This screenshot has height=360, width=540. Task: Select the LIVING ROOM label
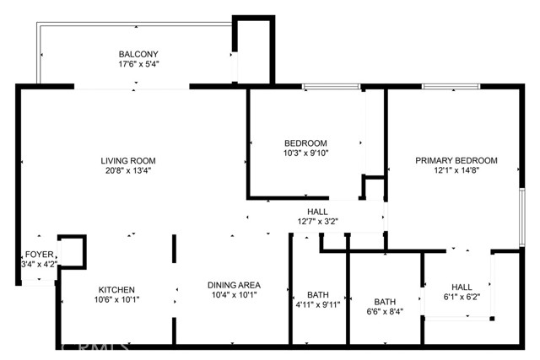point(128,160)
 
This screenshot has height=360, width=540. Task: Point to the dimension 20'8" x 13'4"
point(128,170)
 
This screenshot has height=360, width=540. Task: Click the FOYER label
point(40,254)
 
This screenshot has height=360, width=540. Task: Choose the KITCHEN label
point(116,289)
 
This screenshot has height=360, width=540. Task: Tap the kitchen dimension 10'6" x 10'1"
point(116,299)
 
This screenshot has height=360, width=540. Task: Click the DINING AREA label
point(234,285)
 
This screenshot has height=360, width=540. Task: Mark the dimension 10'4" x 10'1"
point(234,295)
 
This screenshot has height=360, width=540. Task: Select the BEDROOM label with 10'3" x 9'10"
point(305,143)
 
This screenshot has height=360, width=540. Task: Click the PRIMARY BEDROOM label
point(456,160)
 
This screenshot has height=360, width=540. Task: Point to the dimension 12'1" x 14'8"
point(456,170)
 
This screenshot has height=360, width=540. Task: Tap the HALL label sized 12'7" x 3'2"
point(317,212)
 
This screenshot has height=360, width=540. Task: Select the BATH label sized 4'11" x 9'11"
point(316,295)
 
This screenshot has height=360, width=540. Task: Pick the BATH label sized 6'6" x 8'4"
point(385,301)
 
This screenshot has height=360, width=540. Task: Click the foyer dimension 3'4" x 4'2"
point(40,264)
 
